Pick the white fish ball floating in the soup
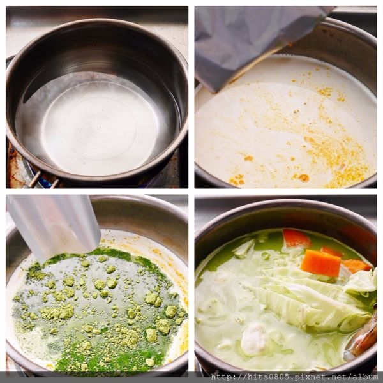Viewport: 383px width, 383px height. tap(254, 338)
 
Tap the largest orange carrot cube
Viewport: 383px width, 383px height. tap(320, 263)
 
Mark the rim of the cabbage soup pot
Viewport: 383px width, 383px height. tap(285, 201)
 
